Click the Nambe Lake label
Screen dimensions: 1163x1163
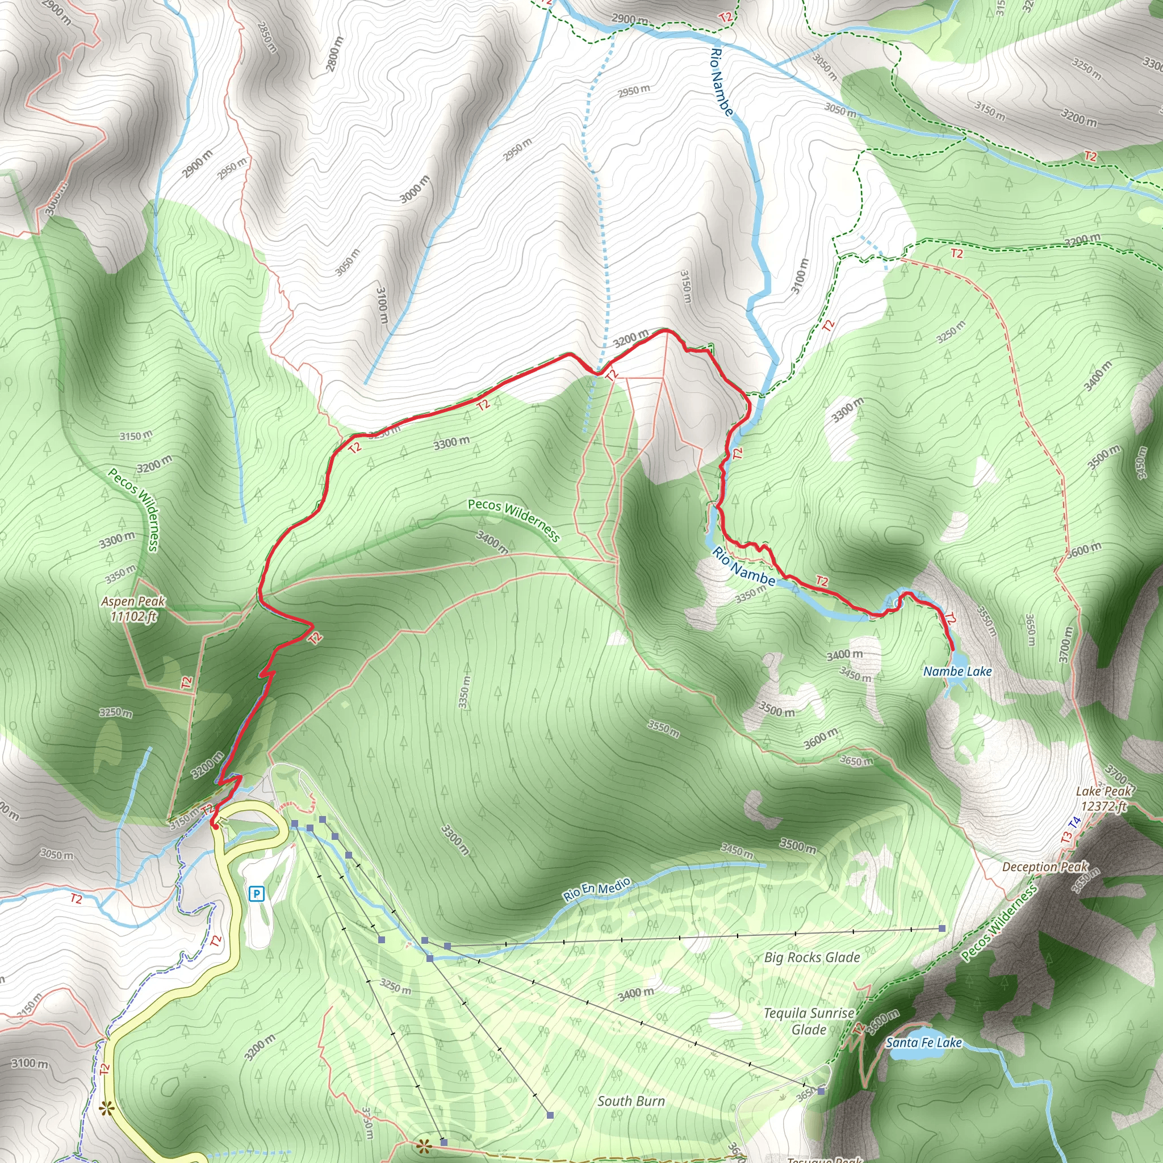pos(957,671)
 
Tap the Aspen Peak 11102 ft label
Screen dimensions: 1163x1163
pos(132,609)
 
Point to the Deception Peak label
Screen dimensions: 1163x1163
pos(1045,867)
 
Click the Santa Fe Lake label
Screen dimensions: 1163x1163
pos(923,1043)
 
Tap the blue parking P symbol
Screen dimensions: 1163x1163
pos(257,894)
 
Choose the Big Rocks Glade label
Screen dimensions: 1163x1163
pos(811,957)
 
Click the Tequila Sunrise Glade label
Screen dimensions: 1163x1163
pos(809,1021)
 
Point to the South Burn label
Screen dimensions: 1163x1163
pos(631,1101)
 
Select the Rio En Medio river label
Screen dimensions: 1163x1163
pos(597,889)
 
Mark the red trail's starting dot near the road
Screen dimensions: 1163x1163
pos(215,826)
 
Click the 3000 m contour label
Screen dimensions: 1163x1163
pos(415,189)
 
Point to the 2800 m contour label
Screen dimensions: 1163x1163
pos(334,54)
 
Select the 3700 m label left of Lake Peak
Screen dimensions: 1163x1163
pos(1066,645)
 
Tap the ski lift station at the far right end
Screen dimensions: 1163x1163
pos(942,928)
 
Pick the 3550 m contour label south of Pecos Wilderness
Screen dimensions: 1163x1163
pos(663,729)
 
